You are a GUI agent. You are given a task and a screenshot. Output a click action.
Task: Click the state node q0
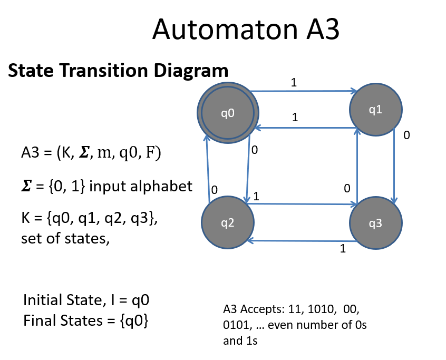click(227, 112)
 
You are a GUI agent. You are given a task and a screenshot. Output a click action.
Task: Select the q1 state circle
click(375, 110)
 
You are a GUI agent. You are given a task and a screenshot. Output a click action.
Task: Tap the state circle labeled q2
click(227, 222)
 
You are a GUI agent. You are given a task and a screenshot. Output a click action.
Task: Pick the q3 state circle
click(375, 223)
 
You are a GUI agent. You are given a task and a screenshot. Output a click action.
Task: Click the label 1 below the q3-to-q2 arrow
click(343, 249)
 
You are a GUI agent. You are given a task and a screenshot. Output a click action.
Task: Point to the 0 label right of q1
click(406, 135)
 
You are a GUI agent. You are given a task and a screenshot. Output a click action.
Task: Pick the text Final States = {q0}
click(85, 320)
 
